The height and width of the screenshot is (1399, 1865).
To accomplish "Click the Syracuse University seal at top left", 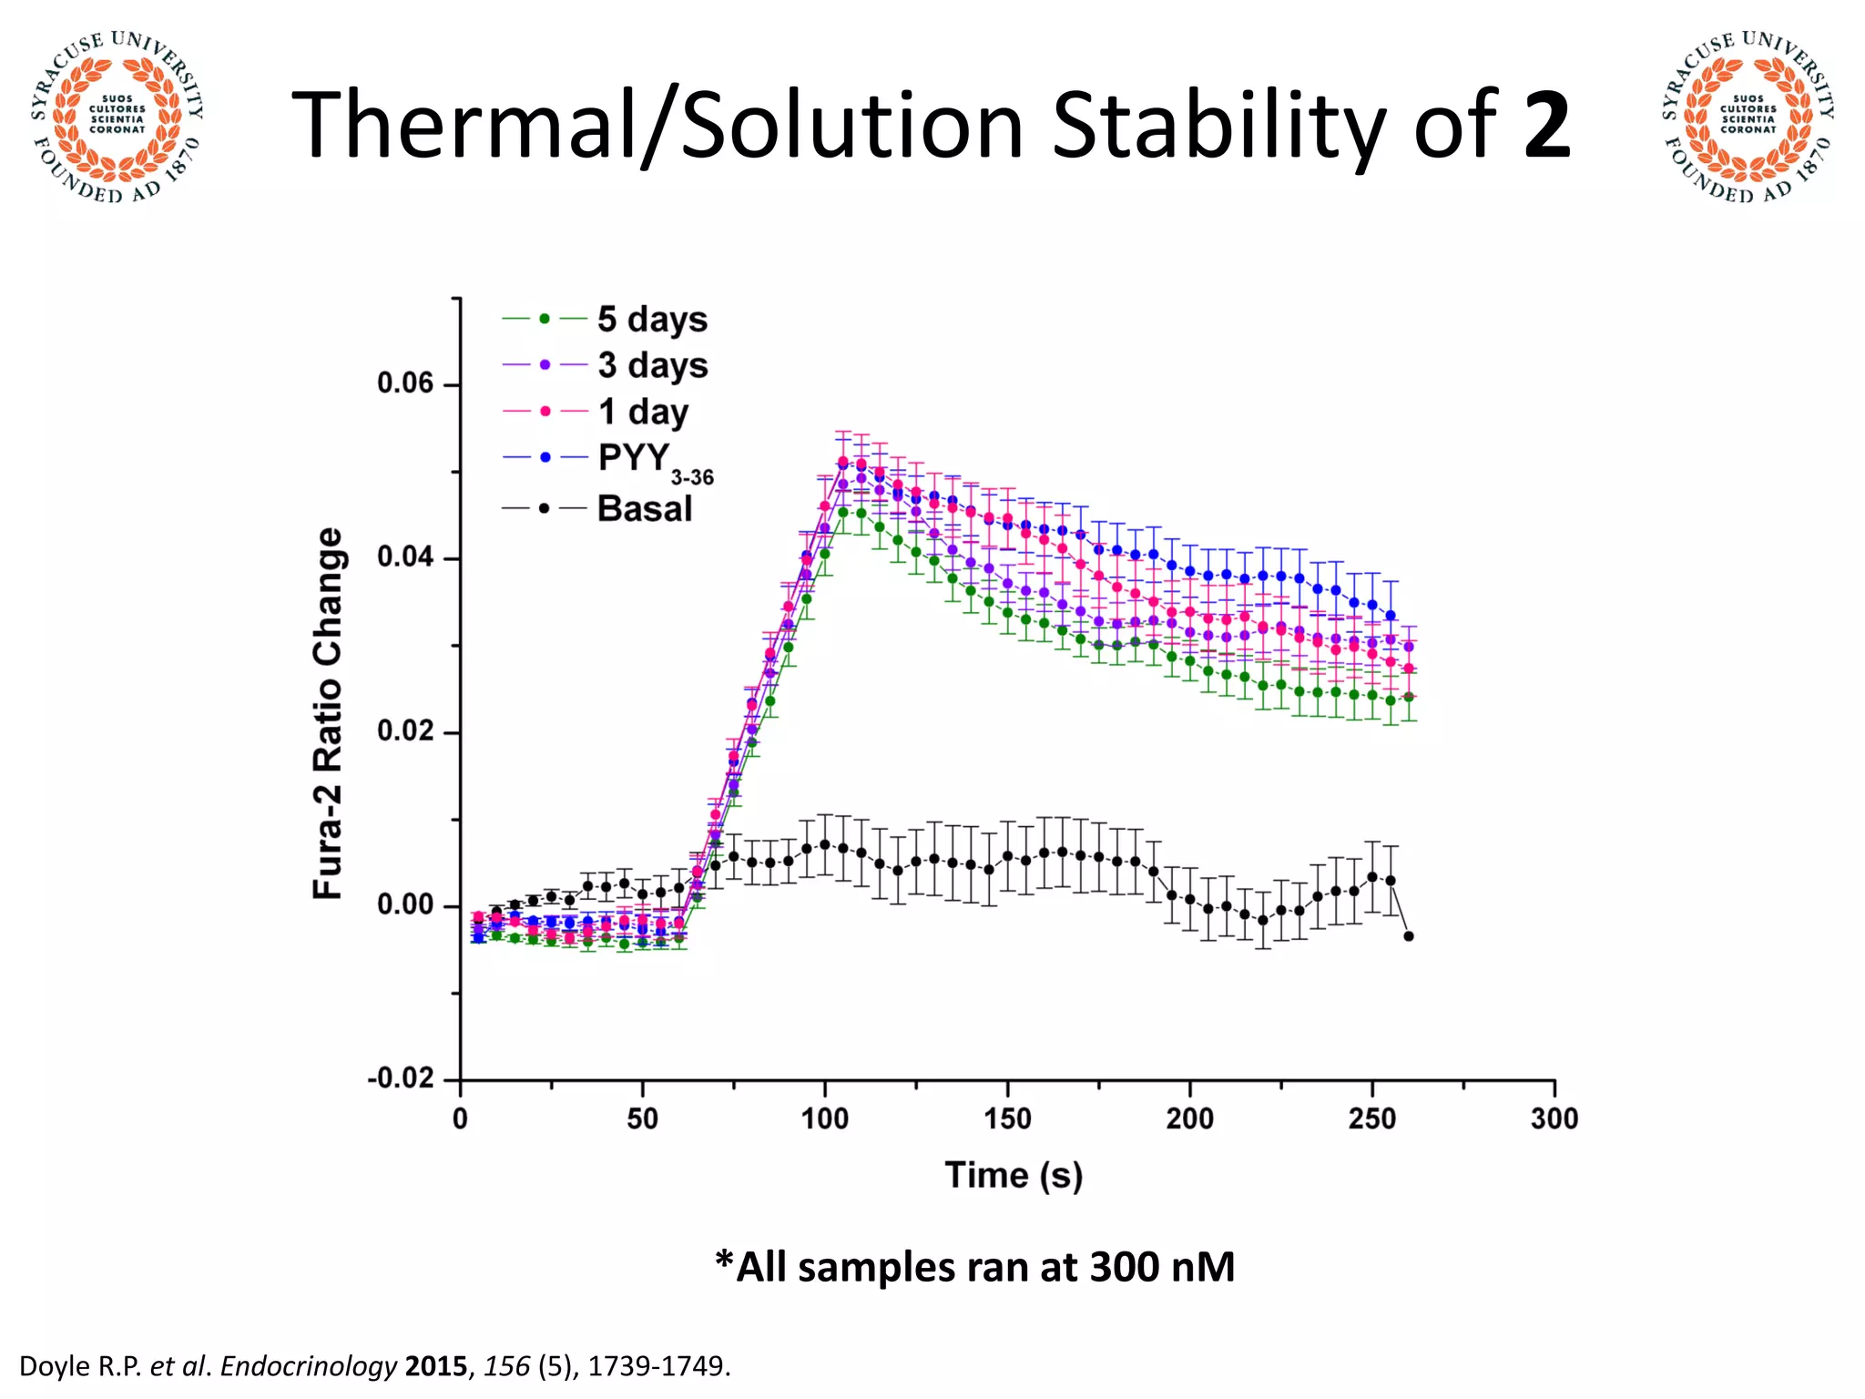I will (117, 117).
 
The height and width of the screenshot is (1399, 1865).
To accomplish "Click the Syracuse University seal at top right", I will (1748, 117).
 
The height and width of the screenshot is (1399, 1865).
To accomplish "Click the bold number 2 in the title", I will (1546, 126).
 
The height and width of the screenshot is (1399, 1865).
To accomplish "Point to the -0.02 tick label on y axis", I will (401, 1079).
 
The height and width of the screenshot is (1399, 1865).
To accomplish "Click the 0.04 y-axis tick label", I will (406, 557).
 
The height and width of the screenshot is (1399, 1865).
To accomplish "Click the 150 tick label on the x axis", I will (1007, 1118).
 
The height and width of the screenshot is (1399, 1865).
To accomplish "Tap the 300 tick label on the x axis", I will (1554, 1118).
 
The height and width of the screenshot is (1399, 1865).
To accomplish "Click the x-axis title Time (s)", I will (1014, 1175).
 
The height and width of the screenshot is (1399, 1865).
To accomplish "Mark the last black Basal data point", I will (1409, 936).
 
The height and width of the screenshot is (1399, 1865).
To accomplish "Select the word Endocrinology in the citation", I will (309, 1366).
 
